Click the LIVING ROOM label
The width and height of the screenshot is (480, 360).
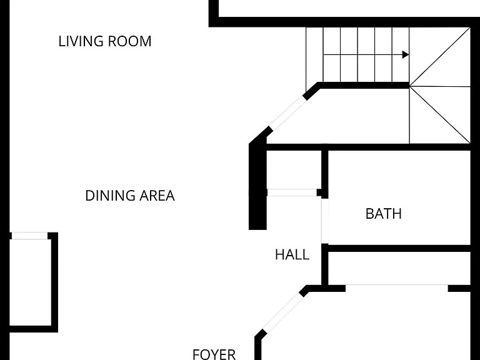coord(105,41)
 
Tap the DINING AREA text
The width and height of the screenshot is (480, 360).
coord(130,196)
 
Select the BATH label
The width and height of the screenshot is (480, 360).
coord(384,214)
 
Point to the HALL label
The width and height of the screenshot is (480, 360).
coord(292,255)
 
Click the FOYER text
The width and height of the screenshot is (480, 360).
coord(214,354)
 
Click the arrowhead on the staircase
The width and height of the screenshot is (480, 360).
coord(405,55)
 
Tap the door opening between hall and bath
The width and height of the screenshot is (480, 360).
coord(325,221)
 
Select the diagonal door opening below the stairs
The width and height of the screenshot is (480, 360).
coord(287,112)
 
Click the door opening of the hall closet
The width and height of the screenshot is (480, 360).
coord(292,192)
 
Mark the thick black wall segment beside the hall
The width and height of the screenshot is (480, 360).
coord(257,187)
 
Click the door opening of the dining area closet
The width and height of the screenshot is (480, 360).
coord(30,236)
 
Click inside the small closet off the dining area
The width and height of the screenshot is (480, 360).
coord(30,282)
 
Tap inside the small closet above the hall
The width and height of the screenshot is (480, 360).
coord(294,169)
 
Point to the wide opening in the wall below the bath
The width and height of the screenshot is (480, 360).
coord(397,288)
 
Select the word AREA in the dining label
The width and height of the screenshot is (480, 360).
coord(157,196)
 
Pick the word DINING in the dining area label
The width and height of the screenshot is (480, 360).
coord(111,196)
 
